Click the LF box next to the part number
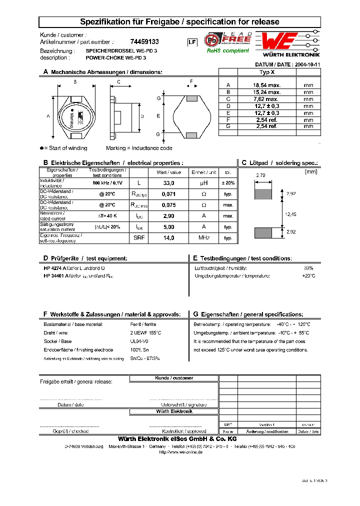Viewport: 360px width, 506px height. (x=191, y=42)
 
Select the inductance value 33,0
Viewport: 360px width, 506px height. (x=168, y=183)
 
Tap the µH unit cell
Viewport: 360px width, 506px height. (x=203, y=183)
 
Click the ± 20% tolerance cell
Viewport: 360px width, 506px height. (x=228, y=183)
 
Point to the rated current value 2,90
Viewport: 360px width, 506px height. (x=168, y=215)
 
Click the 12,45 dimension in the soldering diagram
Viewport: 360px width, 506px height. (x=290, y=213)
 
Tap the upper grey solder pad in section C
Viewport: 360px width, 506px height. (x=263, y=193)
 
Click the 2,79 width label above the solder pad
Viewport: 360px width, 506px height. (x=260, y=175)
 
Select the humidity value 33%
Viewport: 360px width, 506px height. (x=308, y=268)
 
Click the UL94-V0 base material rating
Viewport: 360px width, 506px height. (x=139, y=341)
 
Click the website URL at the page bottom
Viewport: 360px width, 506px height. (x=180, y=452)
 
